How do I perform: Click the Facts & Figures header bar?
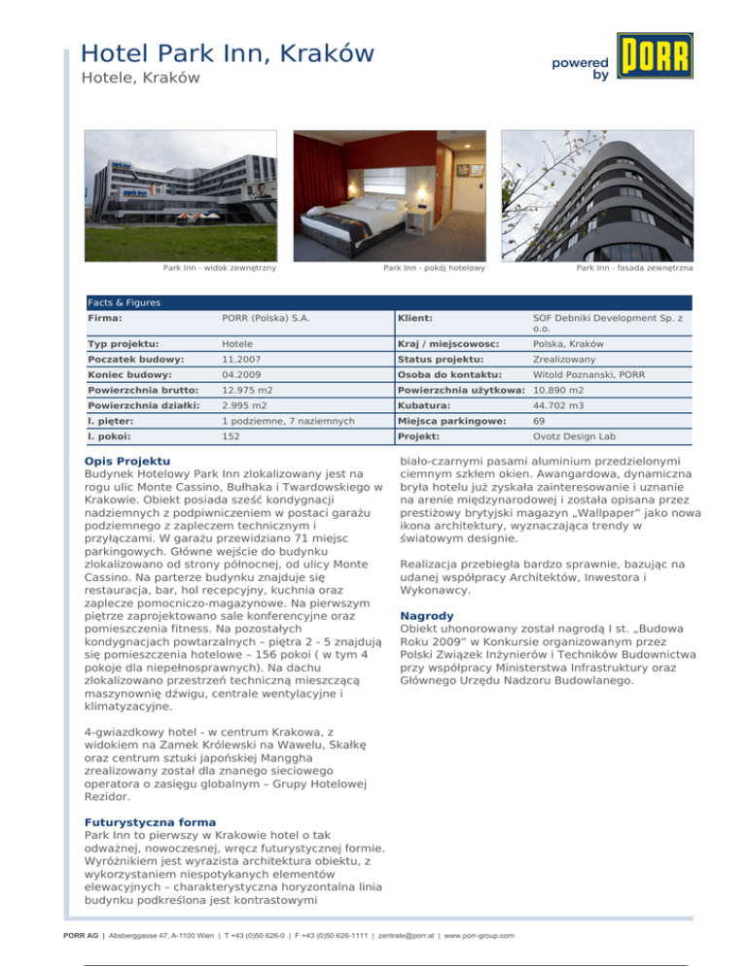pyautogui.click(x=388, y=303)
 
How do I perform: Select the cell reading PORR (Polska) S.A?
pyautogui.click(x=264, y=318)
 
